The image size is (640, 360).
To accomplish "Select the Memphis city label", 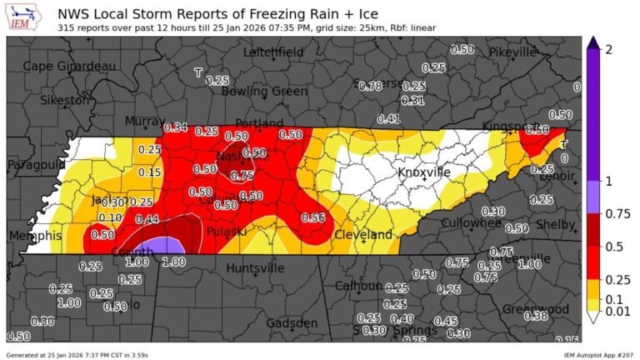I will [34, 236].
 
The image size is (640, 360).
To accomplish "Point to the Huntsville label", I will [255, 268].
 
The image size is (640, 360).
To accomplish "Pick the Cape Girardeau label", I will [70, 66].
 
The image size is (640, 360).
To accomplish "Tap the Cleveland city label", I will [363, 235].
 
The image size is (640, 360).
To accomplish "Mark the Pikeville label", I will [512, 52].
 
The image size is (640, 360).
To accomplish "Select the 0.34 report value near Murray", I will [175, 127].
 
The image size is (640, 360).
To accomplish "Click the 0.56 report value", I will [312, 217].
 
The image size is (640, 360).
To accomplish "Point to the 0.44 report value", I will [147, 219].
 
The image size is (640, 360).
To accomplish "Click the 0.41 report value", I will [388, 118].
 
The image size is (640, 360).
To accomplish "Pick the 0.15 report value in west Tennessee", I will [150, 172].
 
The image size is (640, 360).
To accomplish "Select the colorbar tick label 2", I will [608, 51].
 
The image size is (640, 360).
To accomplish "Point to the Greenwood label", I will [536, 310].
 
